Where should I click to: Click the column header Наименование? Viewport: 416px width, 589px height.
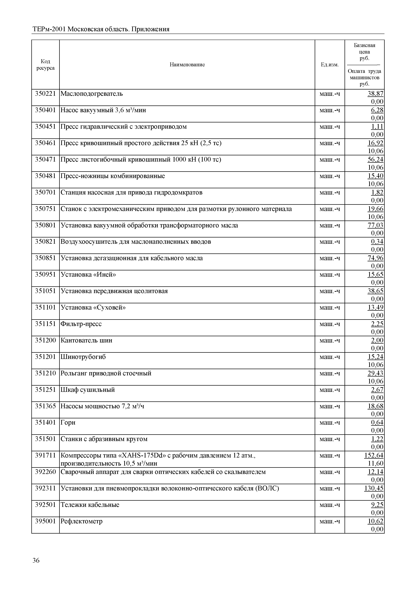(x=187, y=65)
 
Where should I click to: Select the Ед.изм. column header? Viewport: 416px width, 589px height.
(x=329, y=65)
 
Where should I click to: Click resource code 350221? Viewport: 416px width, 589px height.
(x=45, y=94)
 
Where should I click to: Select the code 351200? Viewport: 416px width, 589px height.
(x=45, y=340)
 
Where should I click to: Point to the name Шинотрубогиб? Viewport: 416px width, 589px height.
(x=83, y=357)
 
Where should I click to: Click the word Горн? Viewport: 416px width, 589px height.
(x=68, y=423)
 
